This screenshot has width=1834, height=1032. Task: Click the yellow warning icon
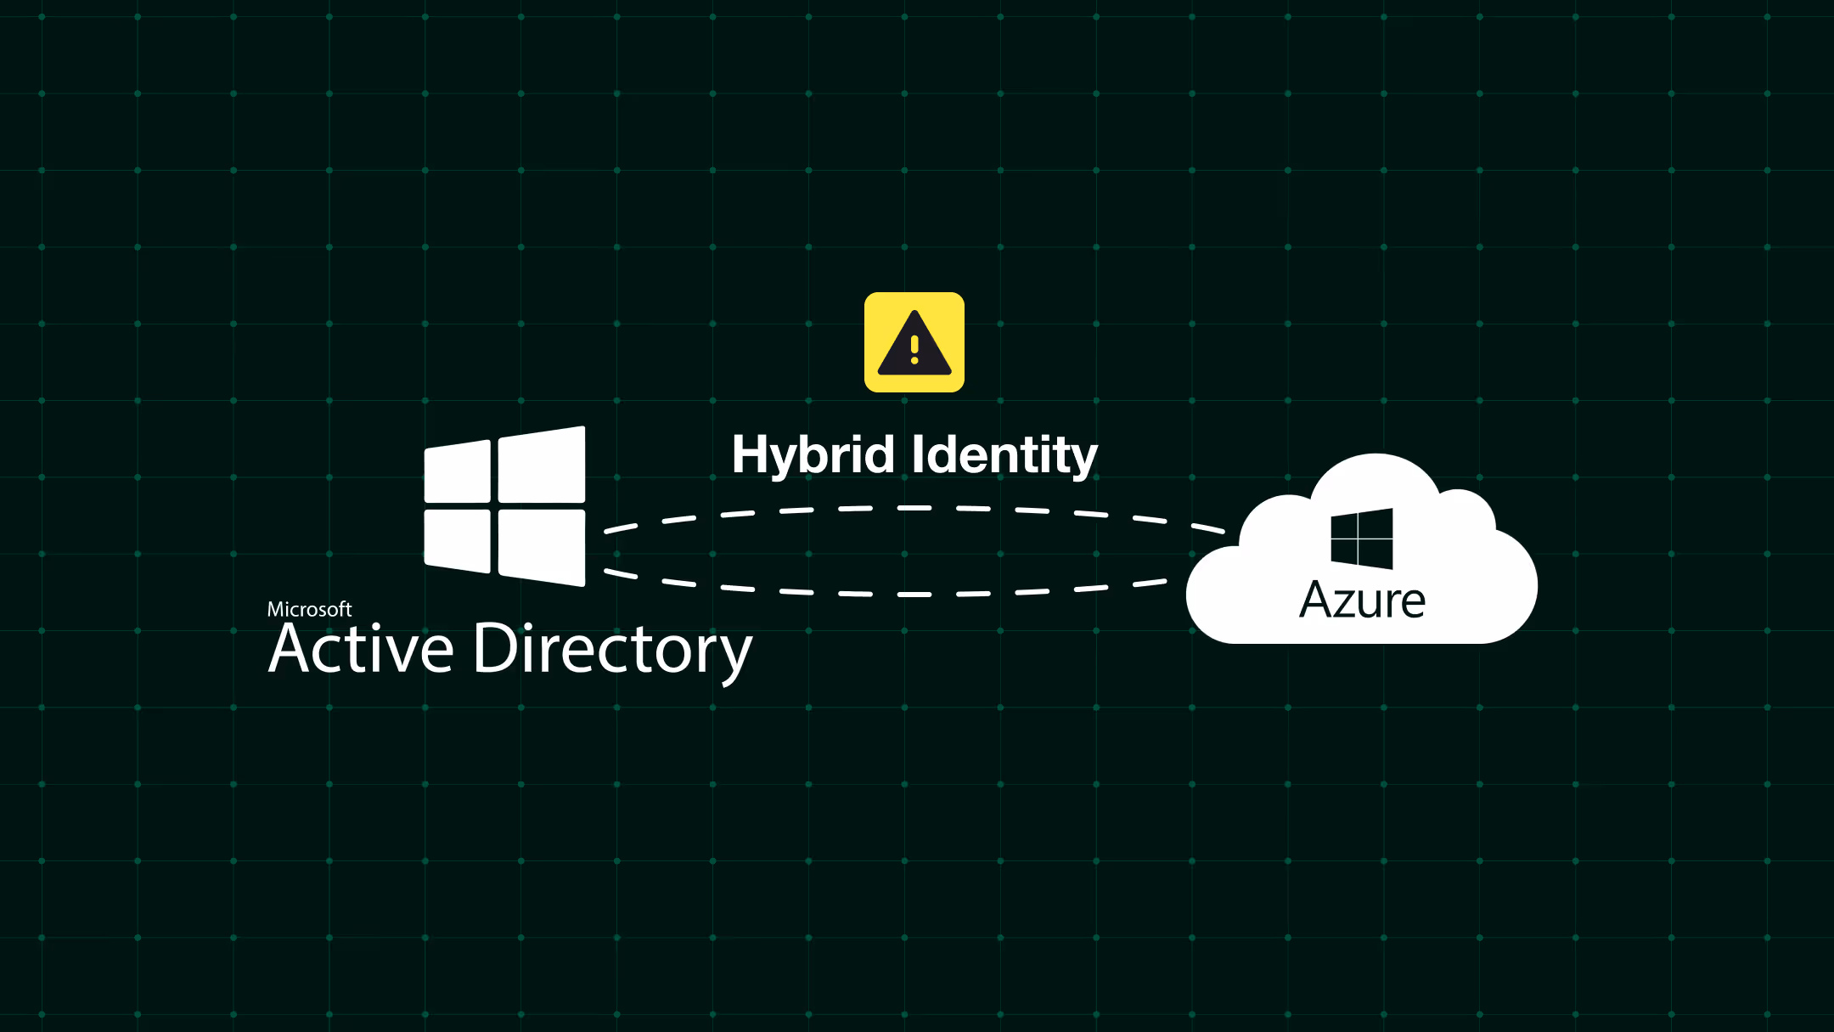(914, 342)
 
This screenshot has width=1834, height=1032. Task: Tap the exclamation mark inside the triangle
(914, 349)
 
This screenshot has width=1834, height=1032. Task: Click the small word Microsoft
(309, 609)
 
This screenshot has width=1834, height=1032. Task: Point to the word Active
(361, 649)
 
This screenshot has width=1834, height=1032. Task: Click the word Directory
(611, 649)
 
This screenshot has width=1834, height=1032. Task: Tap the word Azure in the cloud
(1362, 601)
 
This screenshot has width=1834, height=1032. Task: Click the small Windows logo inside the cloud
(1362, 539)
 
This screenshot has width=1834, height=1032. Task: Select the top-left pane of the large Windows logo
(458, 472)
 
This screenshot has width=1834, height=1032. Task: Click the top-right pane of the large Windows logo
(542, 465)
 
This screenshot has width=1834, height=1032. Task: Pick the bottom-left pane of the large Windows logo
(458, 540)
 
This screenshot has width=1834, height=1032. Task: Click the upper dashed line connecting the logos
(914, 508)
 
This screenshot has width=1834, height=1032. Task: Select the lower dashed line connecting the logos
(914, 595)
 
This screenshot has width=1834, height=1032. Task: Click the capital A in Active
(292, 649)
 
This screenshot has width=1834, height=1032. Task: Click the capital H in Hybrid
(751, 455)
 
